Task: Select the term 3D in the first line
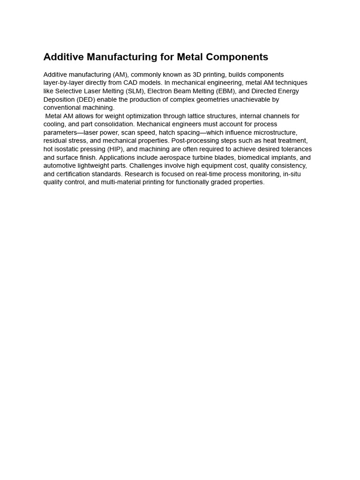coord(197,75)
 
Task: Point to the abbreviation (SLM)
coord(133,91)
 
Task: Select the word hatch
coord(167,133)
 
